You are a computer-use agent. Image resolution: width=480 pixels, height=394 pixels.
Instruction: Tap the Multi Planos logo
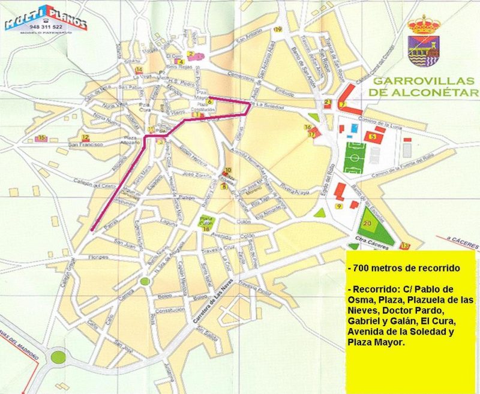pyautogui.click(x=46, y=20)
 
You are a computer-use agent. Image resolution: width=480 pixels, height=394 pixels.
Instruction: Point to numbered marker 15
pyautogui.click(x=41, y=139)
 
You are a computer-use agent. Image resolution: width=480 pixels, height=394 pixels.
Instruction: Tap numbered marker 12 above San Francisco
pyautogui.click(x=86, y=137)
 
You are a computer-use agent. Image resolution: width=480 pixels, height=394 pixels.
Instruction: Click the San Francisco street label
pyautogui.click(x=86, y=145)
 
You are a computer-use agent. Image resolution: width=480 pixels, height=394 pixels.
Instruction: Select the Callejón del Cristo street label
pyautogui.click(x=94, y=184)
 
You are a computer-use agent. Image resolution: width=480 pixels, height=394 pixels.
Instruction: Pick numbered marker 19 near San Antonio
pyautogui.click(x=277, y=29)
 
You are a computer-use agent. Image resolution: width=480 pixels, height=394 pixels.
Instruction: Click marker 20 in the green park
pyautogui.click(x=367, y=223)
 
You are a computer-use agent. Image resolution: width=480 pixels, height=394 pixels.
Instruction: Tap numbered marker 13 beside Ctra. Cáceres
pyautogui.click(x=404, y=246)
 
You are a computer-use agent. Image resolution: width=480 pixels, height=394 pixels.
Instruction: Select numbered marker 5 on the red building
pyautogui.click(x=373, y=137)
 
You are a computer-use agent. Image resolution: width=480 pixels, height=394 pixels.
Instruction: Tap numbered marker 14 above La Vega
pyautogui.click(x=139, y=70)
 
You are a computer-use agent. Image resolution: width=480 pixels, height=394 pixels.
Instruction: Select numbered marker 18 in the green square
pyautogui.click(x=206, y=229)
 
